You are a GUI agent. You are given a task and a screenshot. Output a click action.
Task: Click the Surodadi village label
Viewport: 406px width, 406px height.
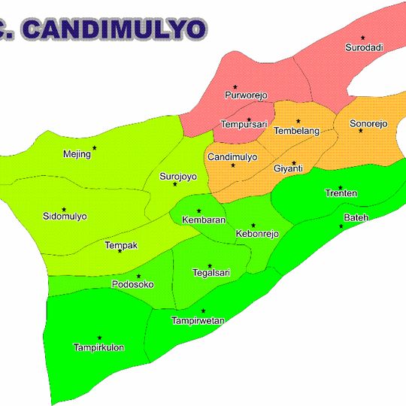[364, 47]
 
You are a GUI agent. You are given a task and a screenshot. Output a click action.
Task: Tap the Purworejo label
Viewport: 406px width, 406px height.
[245, 96]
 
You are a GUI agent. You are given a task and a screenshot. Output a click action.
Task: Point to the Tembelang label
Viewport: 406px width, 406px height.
[296, 131]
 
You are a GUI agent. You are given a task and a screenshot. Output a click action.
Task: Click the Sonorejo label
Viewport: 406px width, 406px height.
[368, 123]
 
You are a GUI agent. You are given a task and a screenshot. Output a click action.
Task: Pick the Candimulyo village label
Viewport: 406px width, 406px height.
[232, 157]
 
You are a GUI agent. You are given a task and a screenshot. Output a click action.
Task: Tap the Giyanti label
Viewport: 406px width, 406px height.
[288, 168]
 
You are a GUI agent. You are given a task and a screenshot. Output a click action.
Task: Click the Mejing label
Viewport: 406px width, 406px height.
[77, 154]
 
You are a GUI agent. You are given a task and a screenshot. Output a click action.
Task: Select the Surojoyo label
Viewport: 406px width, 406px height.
[177, 177]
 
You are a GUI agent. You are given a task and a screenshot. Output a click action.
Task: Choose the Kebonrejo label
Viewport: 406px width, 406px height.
[257, 234]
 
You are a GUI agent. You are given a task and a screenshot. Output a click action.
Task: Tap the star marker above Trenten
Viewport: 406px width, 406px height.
[341, 187]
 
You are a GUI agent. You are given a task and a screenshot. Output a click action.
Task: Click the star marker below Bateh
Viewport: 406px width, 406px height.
[341, 226]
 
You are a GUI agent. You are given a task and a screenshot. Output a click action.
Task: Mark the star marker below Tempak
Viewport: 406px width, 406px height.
[120, 252]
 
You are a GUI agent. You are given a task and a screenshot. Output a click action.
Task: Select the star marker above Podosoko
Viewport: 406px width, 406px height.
[138, 276]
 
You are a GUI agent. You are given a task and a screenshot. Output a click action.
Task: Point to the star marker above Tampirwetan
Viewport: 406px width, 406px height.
[203, 311]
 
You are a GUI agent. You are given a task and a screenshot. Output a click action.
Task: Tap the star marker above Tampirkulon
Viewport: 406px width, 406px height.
[99, 338]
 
